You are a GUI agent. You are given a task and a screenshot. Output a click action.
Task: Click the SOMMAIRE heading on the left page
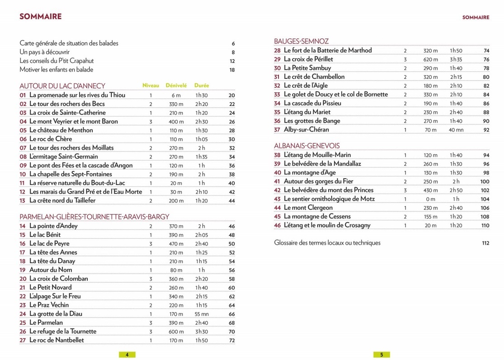[x=41, y=17]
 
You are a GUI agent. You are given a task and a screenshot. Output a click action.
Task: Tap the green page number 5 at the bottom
[x=382, y=355]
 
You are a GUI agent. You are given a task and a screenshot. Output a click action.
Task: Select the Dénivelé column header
[x=176, y=85]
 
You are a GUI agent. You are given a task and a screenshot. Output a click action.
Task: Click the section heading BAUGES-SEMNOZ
[x=301, y=41]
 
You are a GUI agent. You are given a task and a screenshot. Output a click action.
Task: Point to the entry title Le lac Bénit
[x=45, y=235]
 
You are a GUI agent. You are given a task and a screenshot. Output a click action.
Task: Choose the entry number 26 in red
[x=23, y=332]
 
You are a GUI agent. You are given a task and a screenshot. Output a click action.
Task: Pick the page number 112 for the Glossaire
[x=485, y=243]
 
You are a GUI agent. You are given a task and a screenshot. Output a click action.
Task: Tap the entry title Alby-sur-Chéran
[x=306, y=130]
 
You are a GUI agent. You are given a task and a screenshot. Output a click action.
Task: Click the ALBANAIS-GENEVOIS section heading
[x=307, y=146]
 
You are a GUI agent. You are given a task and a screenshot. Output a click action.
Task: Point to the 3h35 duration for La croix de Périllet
[x=456, y=59]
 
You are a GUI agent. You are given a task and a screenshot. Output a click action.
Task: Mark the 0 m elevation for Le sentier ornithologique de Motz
[x=431, y=199]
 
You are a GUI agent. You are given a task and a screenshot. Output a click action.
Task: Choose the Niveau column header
[x=151, y=85]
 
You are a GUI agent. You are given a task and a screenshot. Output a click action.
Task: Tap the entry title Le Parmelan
[x=46, y=322]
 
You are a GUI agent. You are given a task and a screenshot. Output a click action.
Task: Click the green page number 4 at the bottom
[x=127, y=355]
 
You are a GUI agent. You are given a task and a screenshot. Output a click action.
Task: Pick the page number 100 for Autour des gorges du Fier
[x=485, y=181]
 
